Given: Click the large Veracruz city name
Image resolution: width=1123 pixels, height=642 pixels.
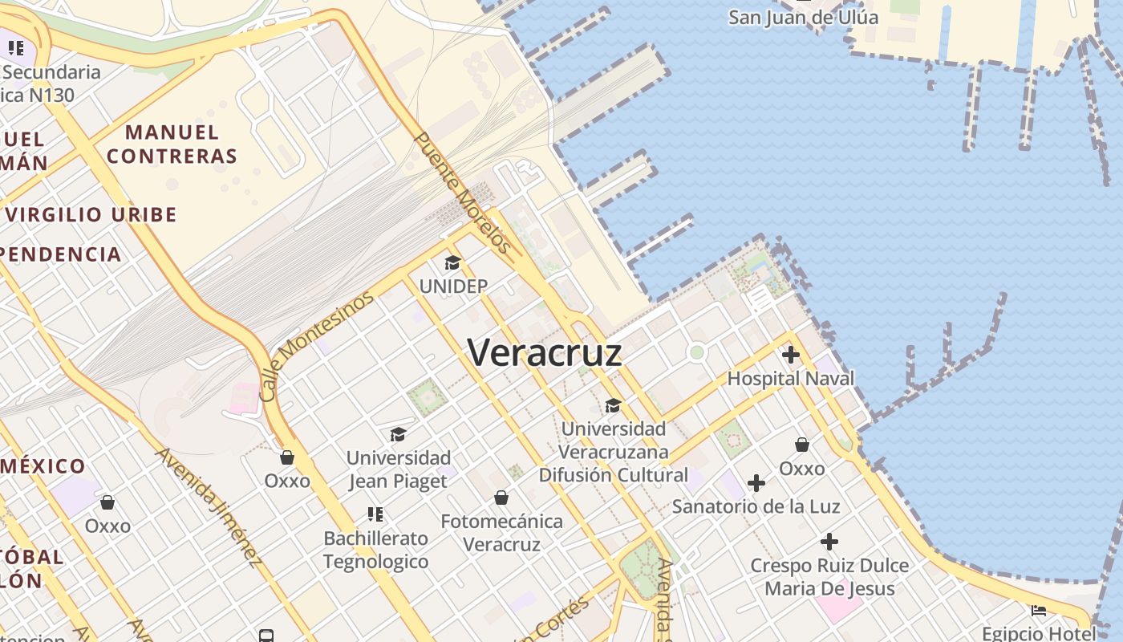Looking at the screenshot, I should coord(545,352).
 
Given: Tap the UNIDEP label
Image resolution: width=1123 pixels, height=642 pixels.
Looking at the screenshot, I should coord(453,286).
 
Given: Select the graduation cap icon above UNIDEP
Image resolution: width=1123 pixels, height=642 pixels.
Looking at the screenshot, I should coord(453,263).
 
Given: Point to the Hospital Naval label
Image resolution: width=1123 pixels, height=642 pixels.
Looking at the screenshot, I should coord(791,378).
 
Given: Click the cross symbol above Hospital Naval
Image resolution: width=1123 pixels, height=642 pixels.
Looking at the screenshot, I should coord(791,355).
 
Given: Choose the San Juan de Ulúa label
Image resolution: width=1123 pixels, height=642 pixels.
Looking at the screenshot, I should coord(803,17).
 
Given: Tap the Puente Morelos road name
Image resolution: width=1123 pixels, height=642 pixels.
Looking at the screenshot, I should coord(463,193).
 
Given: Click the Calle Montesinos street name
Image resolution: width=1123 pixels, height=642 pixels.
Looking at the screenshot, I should coord(317,346).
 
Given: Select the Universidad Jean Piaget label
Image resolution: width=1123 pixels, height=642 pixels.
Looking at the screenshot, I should coord(399,469).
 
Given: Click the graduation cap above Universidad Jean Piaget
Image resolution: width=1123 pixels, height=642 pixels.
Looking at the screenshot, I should coord(398,435).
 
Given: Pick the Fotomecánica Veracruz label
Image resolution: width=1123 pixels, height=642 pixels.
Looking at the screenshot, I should coord(501,532).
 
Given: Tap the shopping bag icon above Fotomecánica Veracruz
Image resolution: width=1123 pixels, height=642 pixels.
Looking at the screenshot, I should coord(501,498).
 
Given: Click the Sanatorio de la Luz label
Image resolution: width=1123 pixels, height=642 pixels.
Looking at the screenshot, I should coord(756,506).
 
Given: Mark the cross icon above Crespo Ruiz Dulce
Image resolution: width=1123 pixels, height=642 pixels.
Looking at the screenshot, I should coord(829,542).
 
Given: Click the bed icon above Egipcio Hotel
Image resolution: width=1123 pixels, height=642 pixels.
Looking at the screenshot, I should coord(1039,611).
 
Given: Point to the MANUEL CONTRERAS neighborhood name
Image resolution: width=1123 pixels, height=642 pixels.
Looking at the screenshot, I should coord(172,144).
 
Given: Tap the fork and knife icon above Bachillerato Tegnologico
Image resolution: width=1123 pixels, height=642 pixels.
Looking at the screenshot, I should coord(375,514).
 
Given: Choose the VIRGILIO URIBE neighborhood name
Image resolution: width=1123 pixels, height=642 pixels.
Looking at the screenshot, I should coord(91,214).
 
